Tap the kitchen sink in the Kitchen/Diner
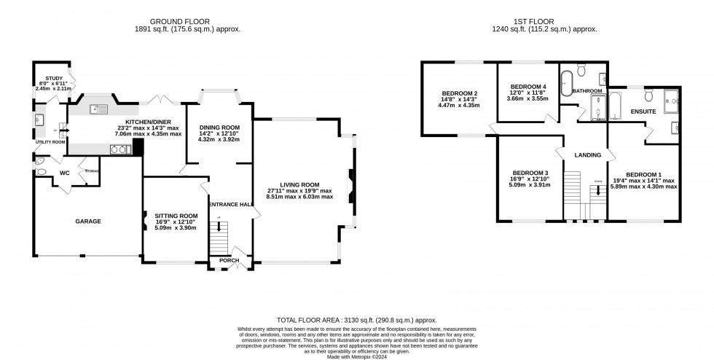pyautogui.click(x=98, y=109)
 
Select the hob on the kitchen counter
pyautogui.click(x=117, y=149)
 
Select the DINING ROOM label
pyautogui.click(x=219, y=128)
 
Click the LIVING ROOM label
pyautogui.click(x=299, y=185)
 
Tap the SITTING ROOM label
pyautogui.click(x=176, y=216)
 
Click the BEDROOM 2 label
pyautogui.click(x=459, y=93)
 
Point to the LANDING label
pyautogui.click(x=587, y=155)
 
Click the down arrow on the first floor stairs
pyautogui.click(x=598, y=192)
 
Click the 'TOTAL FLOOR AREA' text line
pyautogui.click(x=356, y=320)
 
